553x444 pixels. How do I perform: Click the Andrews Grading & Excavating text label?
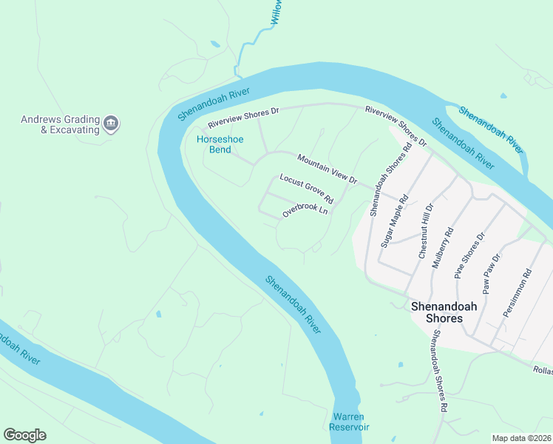(60, 124)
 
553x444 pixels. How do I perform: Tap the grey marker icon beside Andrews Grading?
(111, 124)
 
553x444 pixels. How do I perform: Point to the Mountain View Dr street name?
(327, 169)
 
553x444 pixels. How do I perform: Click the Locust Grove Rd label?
(306, 189)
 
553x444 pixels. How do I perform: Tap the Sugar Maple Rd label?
(395, 221)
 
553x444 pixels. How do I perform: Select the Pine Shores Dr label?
(470, 255)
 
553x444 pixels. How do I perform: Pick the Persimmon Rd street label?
(517, 292)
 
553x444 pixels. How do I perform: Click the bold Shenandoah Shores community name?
(436, 312)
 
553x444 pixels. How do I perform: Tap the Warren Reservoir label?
(350, 422)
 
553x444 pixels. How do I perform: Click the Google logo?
(24, 435)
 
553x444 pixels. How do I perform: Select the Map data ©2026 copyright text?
(522, 438)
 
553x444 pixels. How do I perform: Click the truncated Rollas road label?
(542, 369)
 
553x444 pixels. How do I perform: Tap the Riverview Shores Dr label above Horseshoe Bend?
(242, 117)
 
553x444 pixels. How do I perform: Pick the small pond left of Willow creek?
(215, 44)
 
